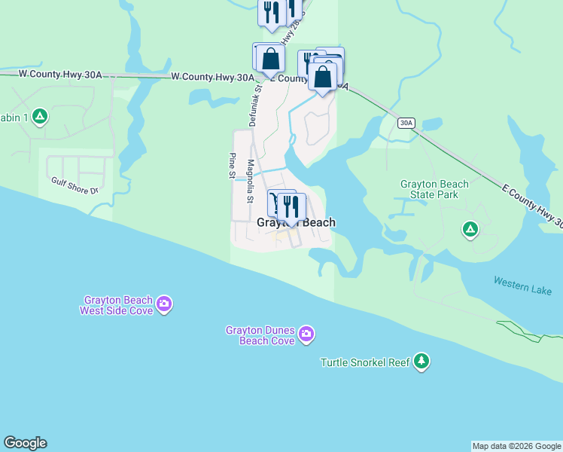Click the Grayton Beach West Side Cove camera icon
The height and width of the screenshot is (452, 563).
pos(165,304)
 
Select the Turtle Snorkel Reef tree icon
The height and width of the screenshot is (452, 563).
pos(421,362)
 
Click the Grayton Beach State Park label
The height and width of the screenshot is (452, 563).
pos(434,189)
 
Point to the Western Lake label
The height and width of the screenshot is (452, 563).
pos(522,286)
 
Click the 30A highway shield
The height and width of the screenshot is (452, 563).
pos(406,123)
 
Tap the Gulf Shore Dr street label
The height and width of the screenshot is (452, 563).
pos(75,185)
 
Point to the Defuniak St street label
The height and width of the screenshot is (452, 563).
pos(254,104)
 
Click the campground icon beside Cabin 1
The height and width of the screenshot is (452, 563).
pos(41,117)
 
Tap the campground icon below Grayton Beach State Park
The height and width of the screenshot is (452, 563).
pos(470,228)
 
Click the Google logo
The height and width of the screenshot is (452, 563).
pos(25,443)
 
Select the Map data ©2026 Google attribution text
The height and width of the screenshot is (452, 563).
pos(516,446)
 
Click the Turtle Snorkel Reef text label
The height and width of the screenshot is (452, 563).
pos(365,362)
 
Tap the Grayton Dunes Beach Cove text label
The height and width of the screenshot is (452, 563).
pos(260,335)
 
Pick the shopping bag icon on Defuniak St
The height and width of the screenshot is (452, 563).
pos(269,58)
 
